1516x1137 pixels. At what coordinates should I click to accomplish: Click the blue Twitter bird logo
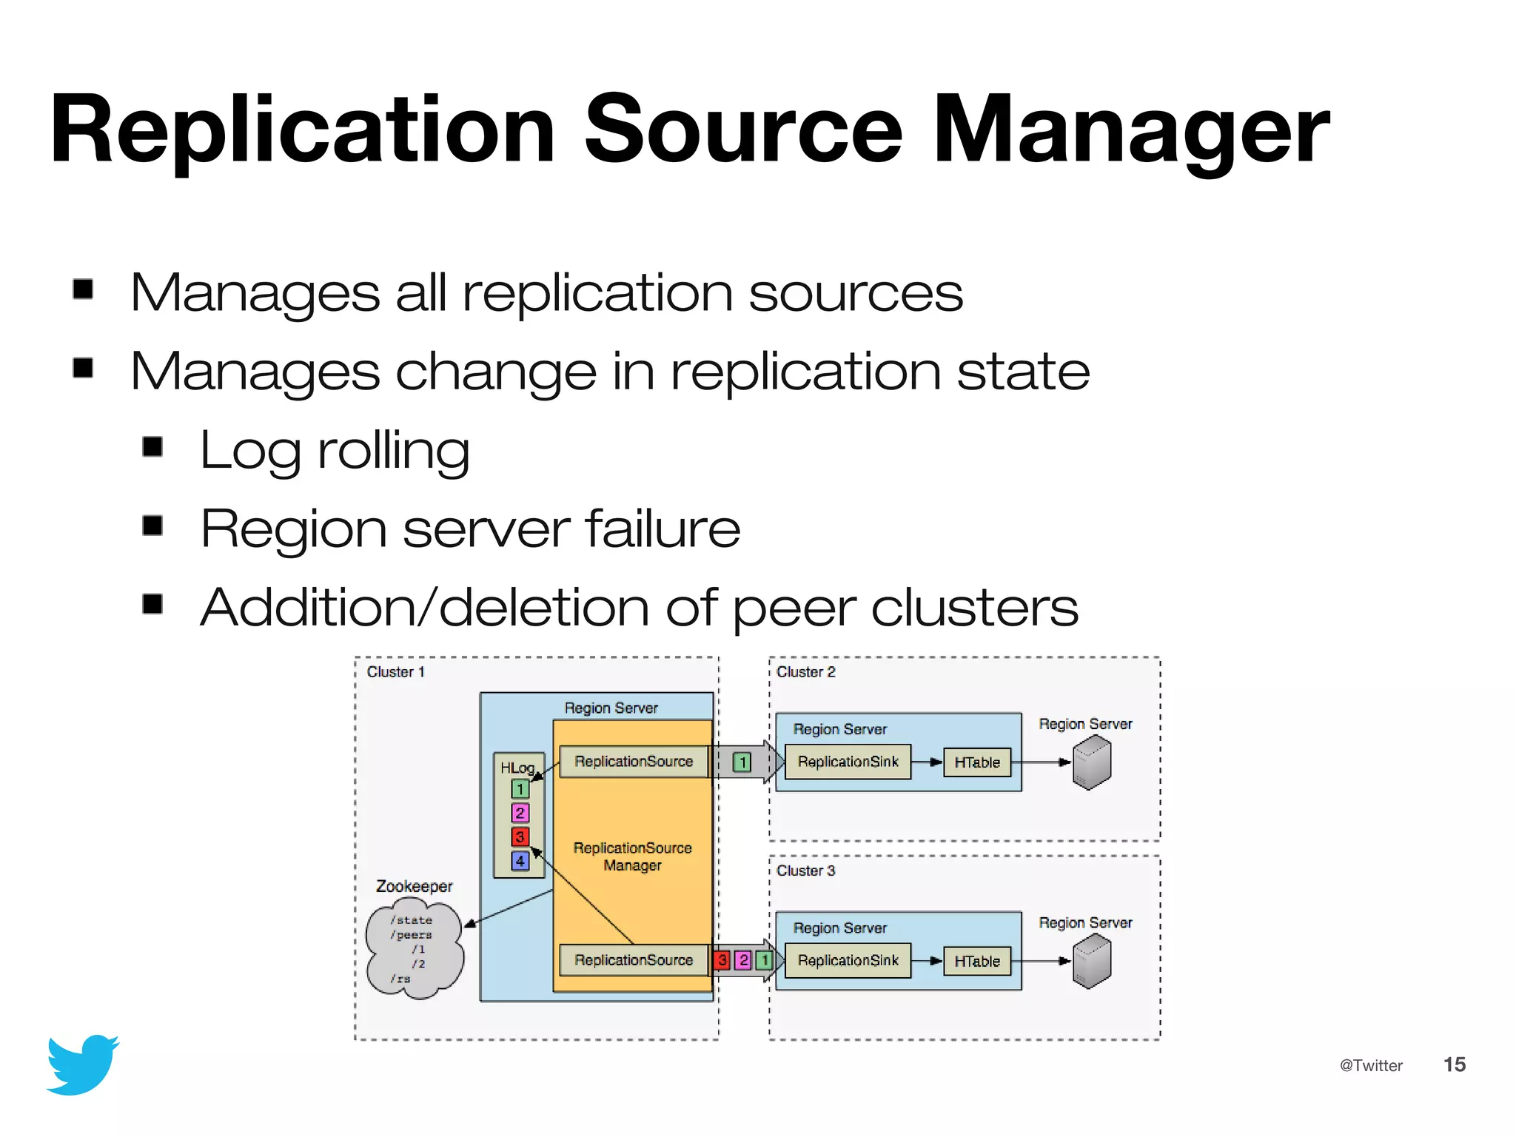(x=83, y=1064)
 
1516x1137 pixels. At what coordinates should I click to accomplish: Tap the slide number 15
(x=1454, y=1064)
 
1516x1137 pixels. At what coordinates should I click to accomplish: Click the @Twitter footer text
(x=1371, y=1065)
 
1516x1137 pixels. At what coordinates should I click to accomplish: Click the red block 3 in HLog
(x=520, y=836)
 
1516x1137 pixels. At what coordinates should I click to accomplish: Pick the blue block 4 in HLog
(x=520, y=861)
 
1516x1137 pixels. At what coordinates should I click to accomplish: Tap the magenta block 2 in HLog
(x=520, y=813)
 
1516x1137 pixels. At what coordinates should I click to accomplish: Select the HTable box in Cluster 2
(x=977, y=762)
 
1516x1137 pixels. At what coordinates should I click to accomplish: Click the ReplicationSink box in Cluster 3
(x=848, y=961)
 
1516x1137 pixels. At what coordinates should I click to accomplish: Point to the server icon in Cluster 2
(x=1092, y=763)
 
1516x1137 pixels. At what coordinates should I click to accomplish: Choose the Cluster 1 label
(x=395, y=672)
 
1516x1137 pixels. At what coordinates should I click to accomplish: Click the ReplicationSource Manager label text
(x=632, y=856)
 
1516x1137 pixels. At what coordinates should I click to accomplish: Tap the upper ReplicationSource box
(x=634, y=762)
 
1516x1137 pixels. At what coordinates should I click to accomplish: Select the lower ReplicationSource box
(x=634, y=960)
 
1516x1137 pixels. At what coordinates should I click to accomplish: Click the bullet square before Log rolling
(x=152, y=446)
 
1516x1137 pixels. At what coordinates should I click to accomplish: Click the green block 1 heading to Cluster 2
(x=742, y=762)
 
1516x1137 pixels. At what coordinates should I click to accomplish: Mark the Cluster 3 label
(x=805, y=871)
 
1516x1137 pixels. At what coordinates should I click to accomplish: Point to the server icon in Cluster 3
(x=1092, y=962)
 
